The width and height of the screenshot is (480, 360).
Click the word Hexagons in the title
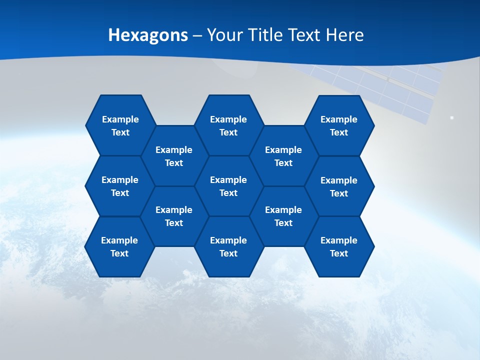click(x=148, y=35)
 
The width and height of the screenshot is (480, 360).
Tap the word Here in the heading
click(x=344, y=35)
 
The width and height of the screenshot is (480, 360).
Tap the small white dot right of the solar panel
click(x=451, y=118)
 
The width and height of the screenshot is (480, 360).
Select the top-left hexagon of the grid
click(x=120, y=125)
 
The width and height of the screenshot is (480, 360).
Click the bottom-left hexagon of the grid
click(x=119, y=246)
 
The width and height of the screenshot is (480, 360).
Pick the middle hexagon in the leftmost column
click(x=120, y=186)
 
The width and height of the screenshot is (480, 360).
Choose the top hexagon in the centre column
click(x=228, y=125)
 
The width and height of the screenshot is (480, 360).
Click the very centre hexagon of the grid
click(x=228, y=186)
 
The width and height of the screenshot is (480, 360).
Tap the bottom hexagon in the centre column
click(x=228, y=246)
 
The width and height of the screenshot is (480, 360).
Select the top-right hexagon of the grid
click(x=339, y=125)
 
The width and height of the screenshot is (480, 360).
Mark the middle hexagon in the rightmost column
click(x=339, y=186)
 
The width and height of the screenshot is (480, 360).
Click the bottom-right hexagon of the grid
click(x=339, y=246)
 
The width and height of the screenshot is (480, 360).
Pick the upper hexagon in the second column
click(x=174, y=156)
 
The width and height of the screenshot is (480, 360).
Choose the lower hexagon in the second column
click(x=174, y=216)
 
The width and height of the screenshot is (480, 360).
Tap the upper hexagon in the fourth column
click(x=283, y=156)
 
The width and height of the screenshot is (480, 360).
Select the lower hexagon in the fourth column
click(x=283, y=216)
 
